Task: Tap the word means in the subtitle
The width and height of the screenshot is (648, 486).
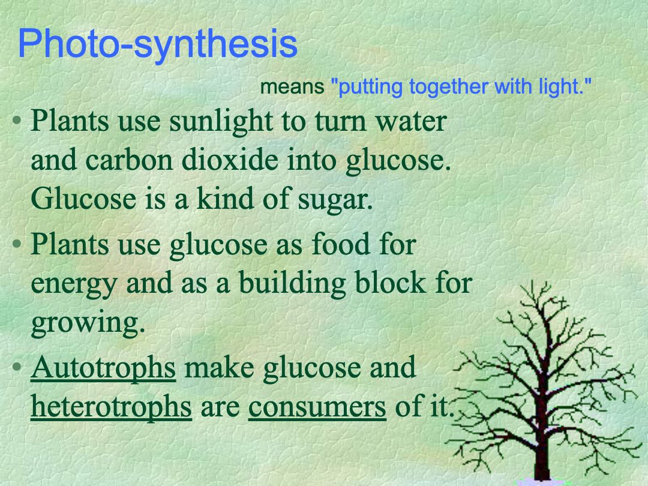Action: (292, 87)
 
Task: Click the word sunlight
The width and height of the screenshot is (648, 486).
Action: (221, 122)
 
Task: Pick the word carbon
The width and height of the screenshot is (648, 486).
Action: (129, 160)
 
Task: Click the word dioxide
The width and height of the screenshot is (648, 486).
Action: (230, 160)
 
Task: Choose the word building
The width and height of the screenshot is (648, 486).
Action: (292, 284)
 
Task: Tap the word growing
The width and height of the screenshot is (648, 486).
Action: (88, 323)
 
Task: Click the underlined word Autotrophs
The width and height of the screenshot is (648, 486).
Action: (103, 367)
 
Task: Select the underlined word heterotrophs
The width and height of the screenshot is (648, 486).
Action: (112, 406)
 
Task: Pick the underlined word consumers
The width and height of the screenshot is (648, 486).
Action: (317, 407)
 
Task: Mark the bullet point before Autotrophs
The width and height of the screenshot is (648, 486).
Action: (17, 367)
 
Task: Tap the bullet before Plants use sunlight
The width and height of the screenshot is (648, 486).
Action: (17, 121)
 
